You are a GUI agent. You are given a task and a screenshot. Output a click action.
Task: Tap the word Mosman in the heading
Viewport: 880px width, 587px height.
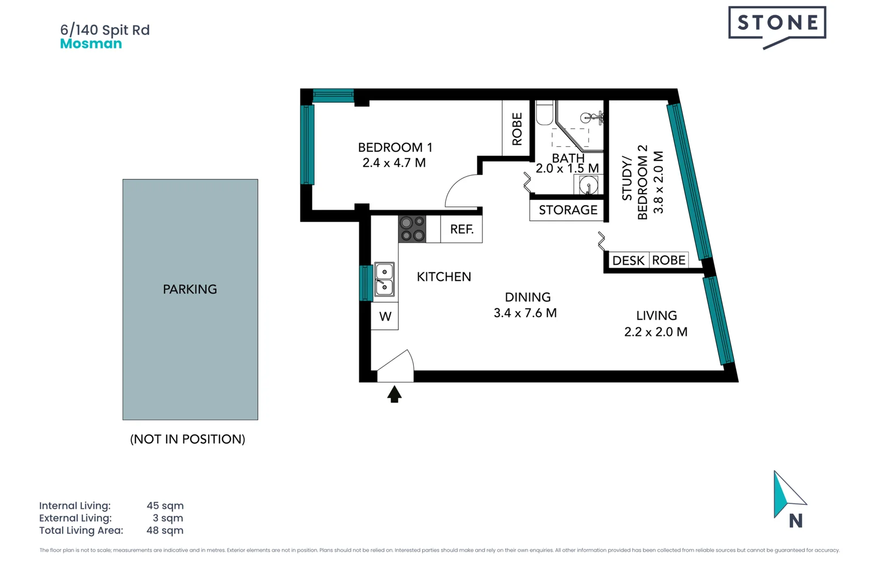[91, 44]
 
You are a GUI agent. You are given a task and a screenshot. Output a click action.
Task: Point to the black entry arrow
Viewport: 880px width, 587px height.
[394, 394]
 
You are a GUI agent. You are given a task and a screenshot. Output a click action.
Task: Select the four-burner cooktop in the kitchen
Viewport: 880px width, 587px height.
[412, 229]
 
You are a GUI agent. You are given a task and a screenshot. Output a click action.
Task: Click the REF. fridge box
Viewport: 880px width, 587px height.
[461, 229]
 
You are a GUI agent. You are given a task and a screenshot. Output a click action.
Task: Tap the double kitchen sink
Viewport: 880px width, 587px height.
[384, 279]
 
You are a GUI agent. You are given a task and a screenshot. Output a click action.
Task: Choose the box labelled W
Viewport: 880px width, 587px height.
[385, 316]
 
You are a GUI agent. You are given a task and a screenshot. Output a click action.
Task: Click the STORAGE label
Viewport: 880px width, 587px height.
[568, 210]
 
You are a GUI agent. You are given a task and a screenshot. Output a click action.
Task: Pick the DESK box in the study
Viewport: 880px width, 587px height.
[628, 260]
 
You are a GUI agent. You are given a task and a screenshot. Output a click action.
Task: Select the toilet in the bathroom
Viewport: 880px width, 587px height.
[544, 113]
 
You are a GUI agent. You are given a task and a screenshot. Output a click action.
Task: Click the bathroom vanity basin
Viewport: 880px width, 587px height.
[588, 185]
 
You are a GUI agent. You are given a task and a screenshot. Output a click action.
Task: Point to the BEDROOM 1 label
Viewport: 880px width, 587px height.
[395, 147]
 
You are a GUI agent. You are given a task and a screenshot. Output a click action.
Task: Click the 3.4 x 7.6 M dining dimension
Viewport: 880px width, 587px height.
[525, 313]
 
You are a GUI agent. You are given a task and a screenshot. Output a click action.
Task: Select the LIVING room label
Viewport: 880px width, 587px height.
[656, 316]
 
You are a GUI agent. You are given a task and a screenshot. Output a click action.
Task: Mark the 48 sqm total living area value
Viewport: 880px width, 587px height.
[165, 530]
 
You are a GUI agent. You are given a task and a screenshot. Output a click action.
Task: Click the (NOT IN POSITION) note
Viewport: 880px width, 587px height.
[187, 439]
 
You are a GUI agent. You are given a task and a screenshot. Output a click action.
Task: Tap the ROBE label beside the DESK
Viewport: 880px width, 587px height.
[668, 260]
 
